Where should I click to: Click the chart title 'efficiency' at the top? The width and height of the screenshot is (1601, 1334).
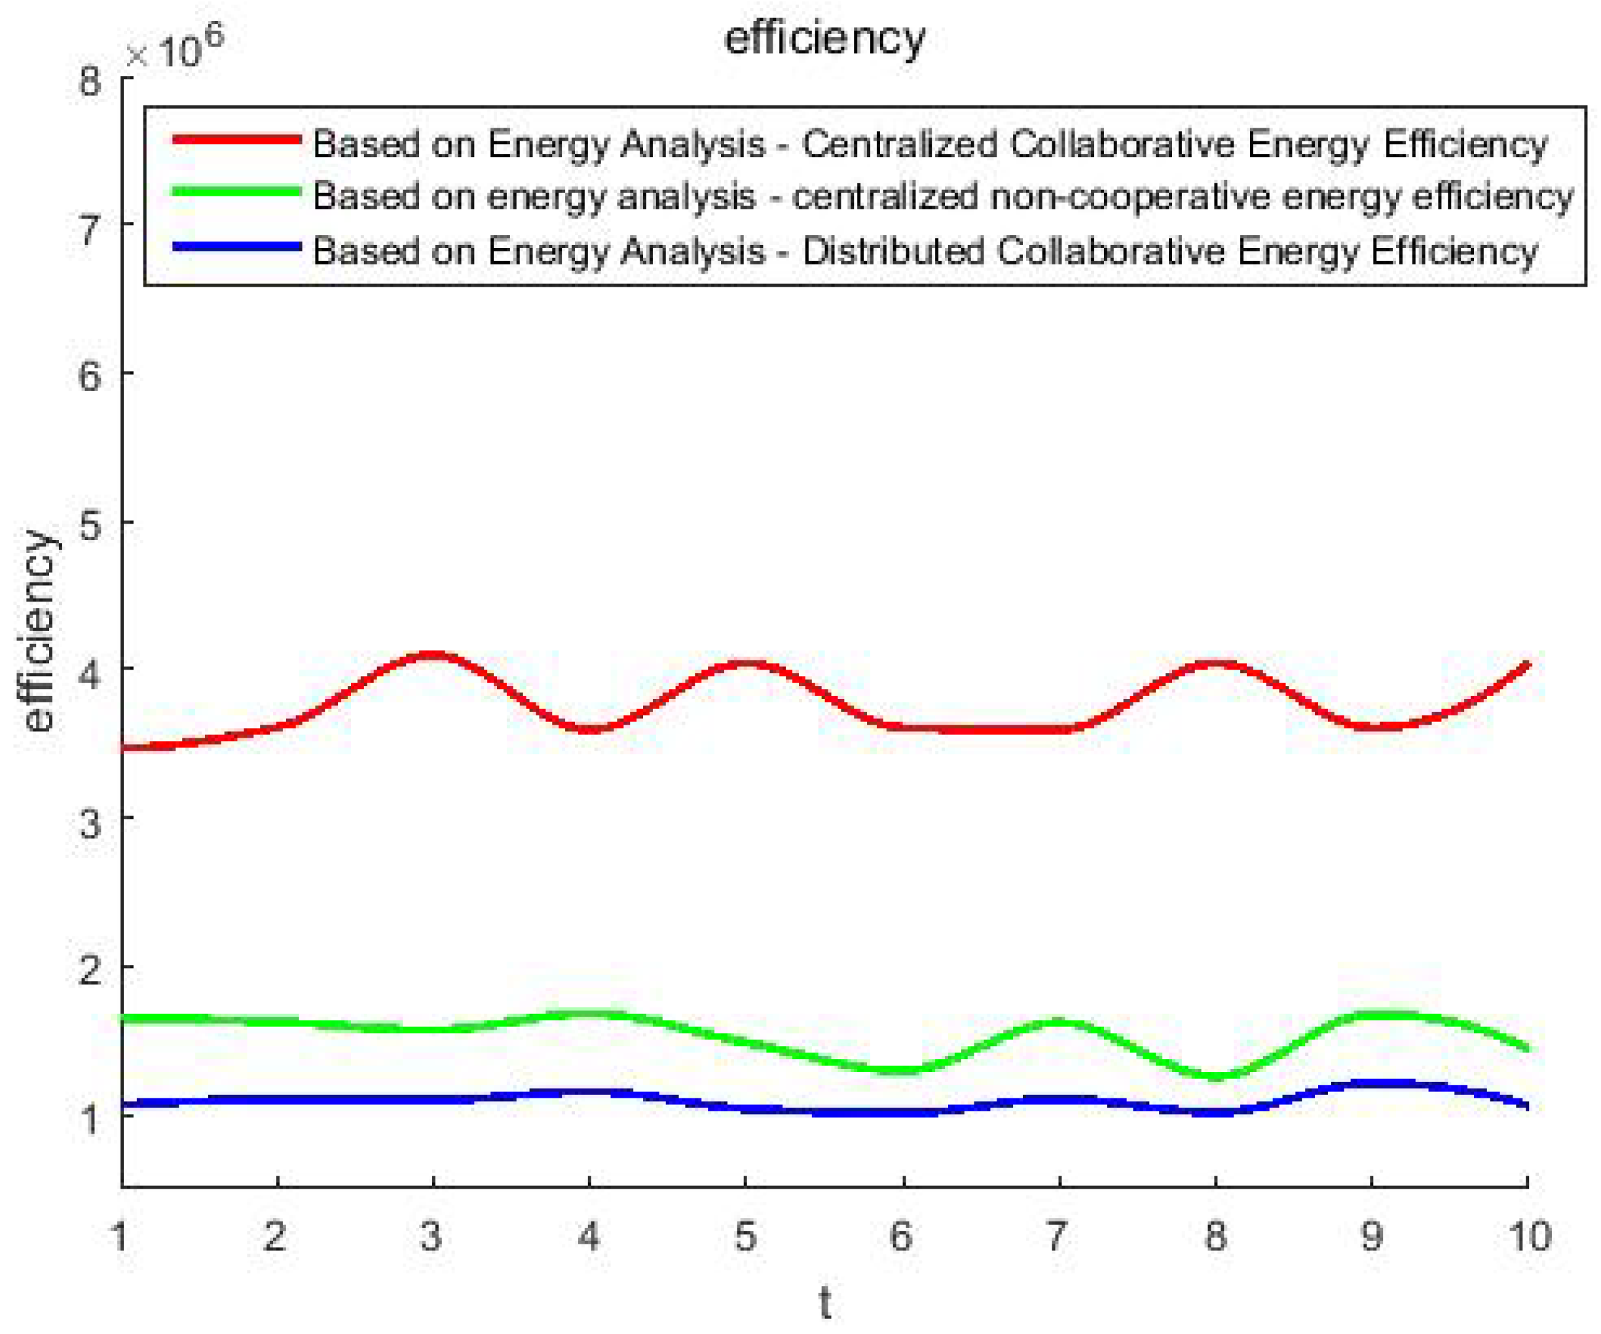(x=824, y=38)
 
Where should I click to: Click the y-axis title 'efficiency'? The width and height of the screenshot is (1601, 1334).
(x=38, y=631)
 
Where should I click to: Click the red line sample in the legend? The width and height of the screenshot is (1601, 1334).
(x=236, y=140)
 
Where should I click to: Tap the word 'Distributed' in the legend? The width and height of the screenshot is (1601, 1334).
(x=892, y=251)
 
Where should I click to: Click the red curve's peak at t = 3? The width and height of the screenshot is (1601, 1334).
(x=433, y=656)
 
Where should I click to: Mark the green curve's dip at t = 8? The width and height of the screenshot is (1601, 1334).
(x=1215, y=1075)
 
